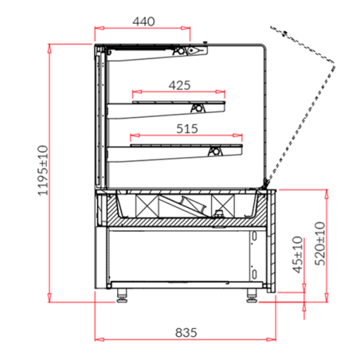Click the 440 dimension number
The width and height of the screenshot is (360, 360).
click(x=143, y=22)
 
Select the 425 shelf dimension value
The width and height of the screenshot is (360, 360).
click(x=179, y=84)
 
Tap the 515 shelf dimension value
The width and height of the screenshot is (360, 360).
click(x=187, y=127)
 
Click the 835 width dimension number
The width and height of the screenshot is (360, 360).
click(x=184, y=331)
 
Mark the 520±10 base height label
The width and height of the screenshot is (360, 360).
click(x=319, y=242)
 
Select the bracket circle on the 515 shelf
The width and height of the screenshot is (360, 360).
click(x=214, y=151)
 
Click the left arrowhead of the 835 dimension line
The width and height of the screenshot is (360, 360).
click(x=98, y=338)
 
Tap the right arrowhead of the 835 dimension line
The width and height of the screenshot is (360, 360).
click(x=272, y=338)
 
